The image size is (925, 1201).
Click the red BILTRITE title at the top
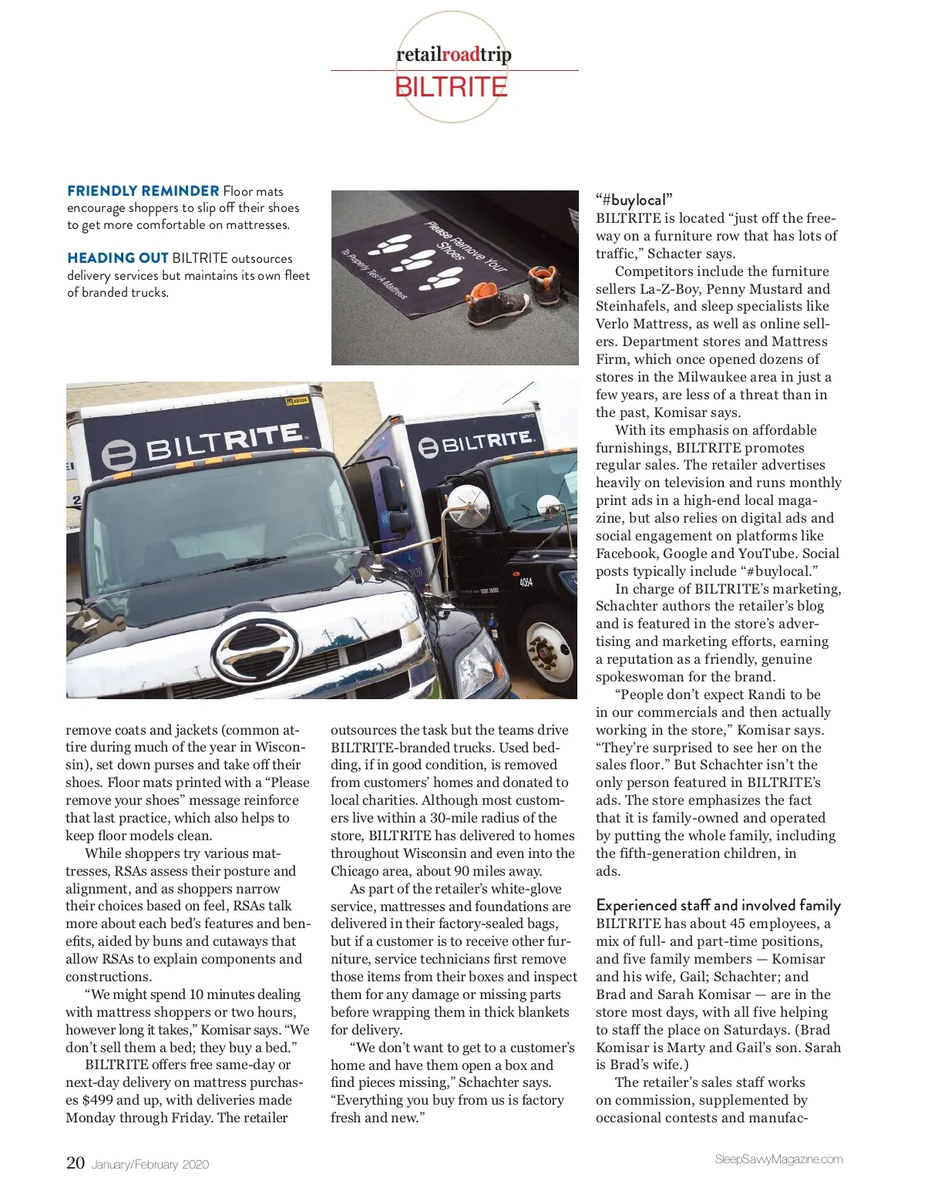point(451,87)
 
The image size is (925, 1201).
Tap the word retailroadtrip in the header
point(453,55)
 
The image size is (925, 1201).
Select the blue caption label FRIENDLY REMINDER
point(143,191)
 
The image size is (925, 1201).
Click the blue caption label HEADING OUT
point(117,258)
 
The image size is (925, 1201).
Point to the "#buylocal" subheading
point(634,200)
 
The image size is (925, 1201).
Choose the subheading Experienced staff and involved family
point(718,906)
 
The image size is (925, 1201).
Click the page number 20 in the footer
point(76,1163)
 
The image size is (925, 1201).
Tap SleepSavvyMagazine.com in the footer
point(779,1159)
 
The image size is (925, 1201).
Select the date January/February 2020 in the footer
point(150,1165)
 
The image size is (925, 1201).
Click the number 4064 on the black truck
point(526,582)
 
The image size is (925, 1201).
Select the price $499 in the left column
point(97,1101)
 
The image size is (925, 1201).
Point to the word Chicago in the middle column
point(355,871)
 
